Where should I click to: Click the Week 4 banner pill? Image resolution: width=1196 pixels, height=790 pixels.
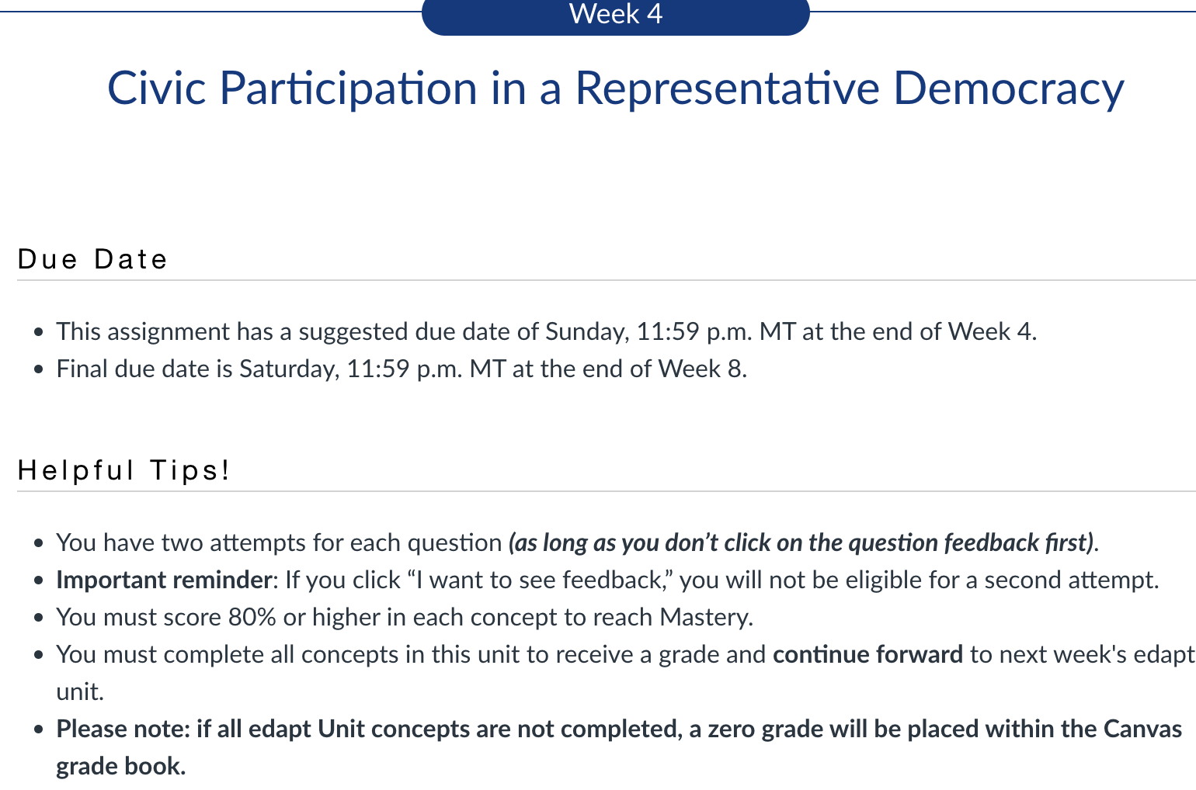[616, 16]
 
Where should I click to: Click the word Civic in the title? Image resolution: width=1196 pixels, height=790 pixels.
[156, 88]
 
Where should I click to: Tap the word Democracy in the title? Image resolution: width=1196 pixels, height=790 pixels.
[1009, 89]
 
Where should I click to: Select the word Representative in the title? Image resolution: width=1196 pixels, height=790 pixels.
[727, 89]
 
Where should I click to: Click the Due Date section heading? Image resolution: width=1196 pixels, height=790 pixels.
[92, 259]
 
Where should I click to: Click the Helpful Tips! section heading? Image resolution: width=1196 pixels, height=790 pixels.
[123, 470]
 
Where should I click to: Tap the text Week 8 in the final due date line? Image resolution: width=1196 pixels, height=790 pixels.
[702, 369]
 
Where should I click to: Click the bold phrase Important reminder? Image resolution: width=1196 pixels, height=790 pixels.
[165, 580]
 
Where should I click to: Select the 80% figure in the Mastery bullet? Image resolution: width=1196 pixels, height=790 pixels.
[252, 617]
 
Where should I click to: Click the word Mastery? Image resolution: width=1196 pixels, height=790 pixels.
[706, 618]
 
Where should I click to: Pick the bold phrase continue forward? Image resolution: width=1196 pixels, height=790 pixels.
[867, 654]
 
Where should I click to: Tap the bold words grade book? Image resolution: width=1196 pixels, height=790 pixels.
[120, 767]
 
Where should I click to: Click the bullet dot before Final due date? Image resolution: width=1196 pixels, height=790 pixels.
[38, 369]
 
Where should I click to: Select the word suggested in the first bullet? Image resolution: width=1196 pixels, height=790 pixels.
[353, 333]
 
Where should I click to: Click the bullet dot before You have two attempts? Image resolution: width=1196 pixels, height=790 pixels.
[38, 543]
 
